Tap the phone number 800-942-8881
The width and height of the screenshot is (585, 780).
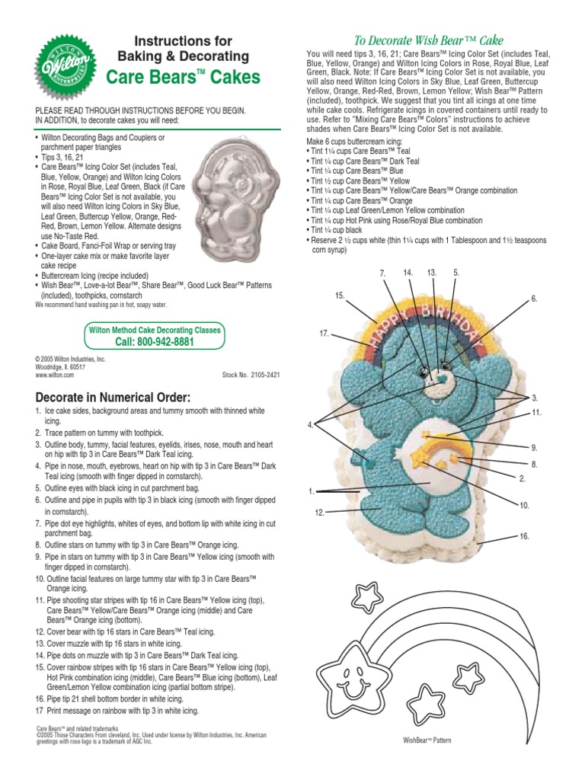(155, 342)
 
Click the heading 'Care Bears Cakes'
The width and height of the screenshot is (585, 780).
(183, 77)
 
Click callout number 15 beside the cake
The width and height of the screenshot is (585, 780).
(340, 295)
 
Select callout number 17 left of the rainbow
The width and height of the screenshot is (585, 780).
(324, 334)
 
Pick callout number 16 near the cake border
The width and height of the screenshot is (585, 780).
(524, 537)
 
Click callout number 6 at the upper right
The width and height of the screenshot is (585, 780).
(535, 299)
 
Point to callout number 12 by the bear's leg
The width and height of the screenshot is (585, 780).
(320, 513)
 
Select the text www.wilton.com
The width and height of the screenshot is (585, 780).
(54, 376)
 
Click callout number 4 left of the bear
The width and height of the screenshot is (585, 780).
(311, 425)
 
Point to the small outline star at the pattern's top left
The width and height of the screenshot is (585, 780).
(372, 594)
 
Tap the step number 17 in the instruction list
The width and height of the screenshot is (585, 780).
(40, 711)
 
